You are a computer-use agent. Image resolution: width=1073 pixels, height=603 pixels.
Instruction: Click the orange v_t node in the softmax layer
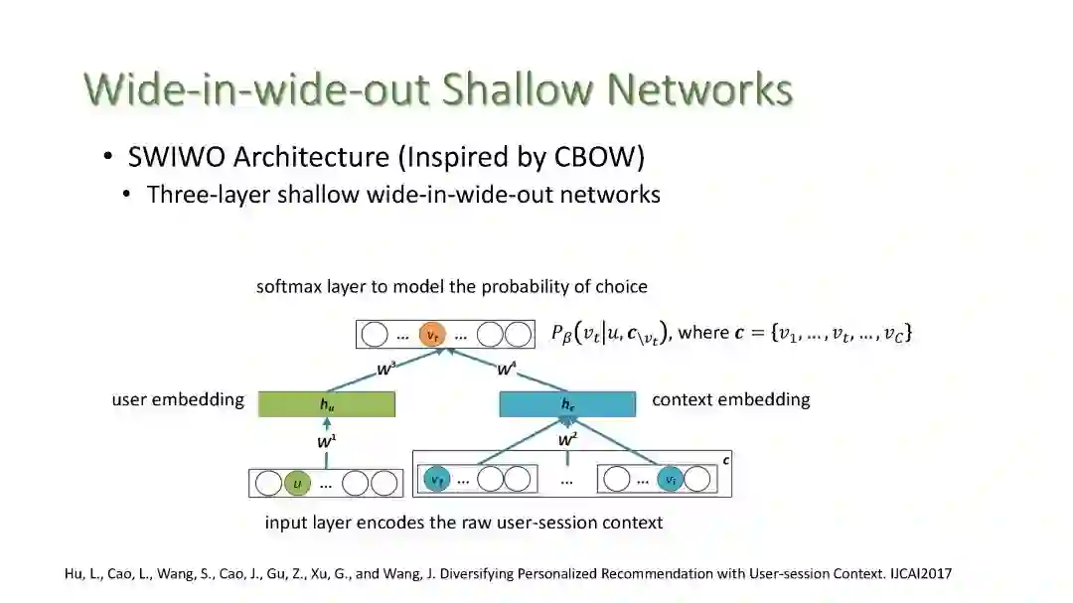click(431, 335)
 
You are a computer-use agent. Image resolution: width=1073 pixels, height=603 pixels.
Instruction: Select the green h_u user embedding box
click(327, 404)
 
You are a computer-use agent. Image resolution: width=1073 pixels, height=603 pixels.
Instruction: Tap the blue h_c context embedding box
click(567, 404)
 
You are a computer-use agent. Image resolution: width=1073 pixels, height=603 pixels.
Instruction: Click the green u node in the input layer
click(297, 484)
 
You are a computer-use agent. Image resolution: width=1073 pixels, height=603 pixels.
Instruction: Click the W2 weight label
click(568, 438)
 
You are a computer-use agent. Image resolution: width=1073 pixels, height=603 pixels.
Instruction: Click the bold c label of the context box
click(725, 460)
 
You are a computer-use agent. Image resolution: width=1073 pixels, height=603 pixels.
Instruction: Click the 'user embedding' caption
click(178, 399)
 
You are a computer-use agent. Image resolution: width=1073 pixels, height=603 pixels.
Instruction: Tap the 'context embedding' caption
click(730, 399)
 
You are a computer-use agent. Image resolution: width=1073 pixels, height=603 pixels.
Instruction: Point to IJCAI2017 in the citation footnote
click(917, 574)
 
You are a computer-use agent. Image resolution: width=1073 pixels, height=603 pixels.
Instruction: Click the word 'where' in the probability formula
click(703, 333)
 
